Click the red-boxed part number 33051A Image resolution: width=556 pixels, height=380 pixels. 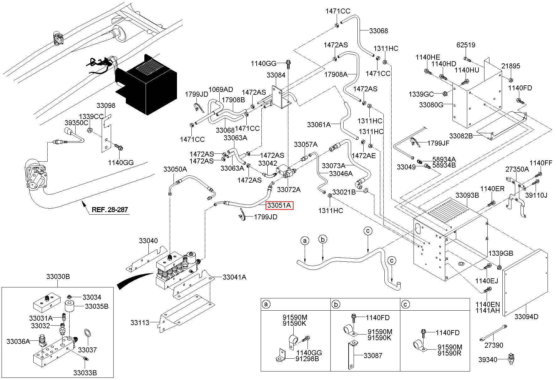pyautogui.click(x=280, y=206)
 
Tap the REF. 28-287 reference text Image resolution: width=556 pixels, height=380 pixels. pyautogui.click(x=110, y=209)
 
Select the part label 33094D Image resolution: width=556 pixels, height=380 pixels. pyautogui.click(x=526, y=317)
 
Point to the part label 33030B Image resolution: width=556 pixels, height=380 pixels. pyautogui.click(x=58, y=277)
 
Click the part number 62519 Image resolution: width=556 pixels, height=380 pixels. pyautogui.click(x=466, y=45)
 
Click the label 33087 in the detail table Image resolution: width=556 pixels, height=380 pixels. pyautogui.click(x=373, y=356)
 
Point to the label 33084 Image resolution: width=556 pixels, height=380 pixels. pyautogui.click(x=276, y=75)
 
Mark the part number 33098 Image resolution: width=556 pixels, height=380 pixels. pyautogui.click(x=106, y=105)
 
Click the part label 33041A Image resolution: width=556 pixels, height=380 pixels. pyautogui.click(x=234, y=277)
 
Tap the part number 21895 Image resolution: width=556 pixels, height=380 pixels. pyautogui.click(x=511, y=66)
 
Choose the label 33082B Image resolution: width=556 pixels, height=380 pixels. pyautogui.click(x=461, y=136)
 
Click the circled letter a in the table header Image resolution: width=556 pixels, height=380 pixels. pyautogui.click(x=266, y=304)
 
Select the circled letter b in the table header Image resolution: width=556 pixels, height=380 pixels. pyautogui.click(x=336, y=304)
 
